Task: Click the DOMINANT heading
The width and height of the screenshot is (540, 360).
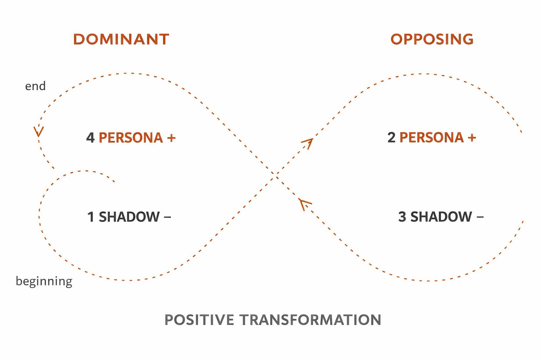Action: coord(121,39)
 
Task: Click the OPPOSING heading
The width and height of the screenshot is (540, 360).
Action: coord(432,39)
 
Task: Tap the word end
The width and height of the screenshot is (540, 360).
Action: coord(35,86)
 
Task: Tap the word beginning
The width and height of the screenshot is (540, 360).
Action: coord(44,281)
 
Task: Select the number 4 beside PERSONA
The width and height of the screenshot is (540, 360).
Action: coord(90,138)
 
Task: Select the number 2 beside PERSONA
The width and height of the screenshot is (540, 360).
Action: coord(391,138)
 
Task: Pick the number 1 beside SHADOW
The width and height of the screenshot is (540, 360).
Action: coord(90,217)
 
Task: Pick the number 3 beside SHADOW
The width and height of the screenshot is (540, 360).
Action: coord(402,217)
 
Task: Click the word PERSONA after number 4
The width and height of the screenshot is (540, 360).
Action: coord(131,138)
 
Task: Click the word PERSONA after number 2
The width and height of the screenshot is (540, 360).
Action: coord(431,138)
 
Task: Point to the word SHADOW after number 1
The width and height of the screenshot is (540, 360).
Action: coord(129,217)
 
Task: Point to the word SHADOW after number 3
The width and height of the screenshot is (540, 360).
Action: coord(441,217)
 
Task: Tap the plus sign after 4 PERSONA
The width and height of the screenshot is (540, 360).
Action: coord(171,138)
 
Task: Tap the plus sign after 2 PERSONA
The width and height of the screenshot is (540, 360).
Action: coord(472,138)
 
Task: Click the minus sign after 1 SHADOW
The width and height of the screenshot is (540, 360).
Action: coord(167,217)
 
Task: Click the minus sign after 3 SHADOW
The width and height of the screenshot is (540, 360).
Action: coord(480,217)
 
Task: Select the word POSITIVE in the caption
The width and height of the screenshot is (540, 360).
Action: coord(199,320)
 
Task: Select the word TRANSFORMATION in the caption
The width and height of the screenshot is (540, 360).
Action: coord(310,320)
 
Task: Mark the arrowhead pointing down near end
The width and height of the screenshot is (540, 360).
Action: coord(38,132)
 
